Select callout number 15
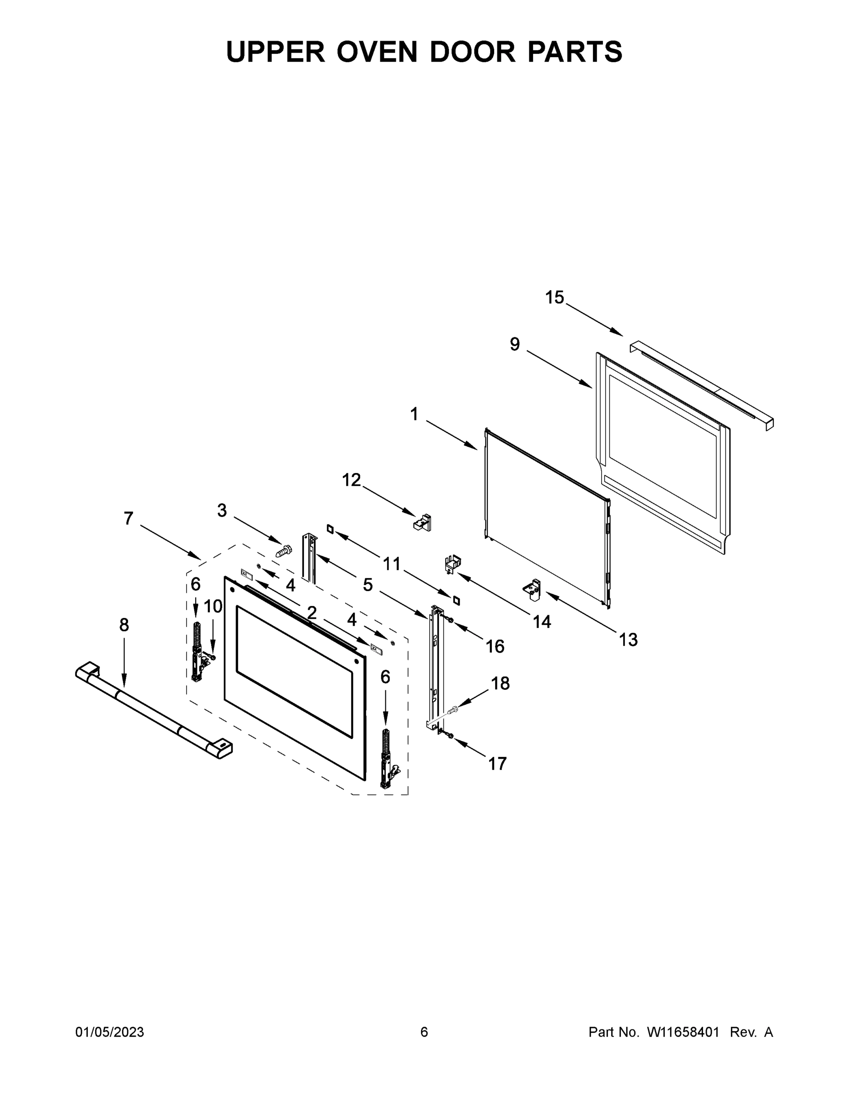(x=555, y=298)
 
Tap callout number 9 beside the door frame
(x=514, y=345)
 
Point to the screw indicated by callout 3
(x=284, y=551)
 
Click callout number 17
(x=497, y=763)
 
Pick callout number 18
(x=500, y=683)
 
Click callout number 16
(x=495, y=646)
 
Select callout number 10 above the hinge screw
(x=213, y=606)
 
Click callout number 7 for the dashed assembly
(x=128, y=518)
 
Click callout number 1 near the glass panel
(x=414, y=415)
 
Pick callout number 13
(x=628, y=640)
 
